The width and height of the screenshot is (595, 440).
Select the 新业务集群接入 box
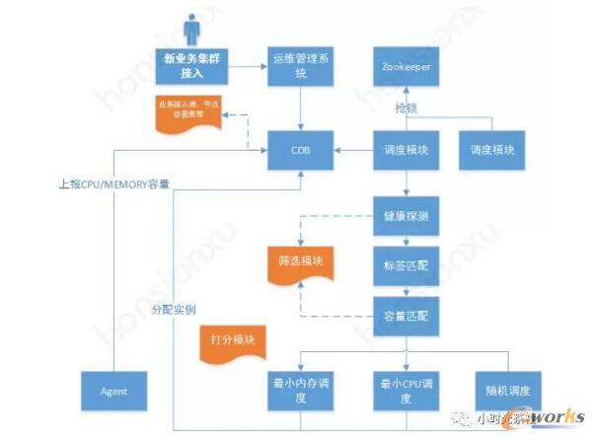click(x=192, y=66)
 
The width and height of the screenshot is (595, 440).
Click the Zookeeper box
click(x=405, y=66)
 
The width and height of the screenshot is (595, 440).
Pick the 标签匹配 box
click(x=405, y=264)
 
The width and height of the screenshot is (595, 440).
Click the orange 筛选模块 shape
click(x=301, y=261)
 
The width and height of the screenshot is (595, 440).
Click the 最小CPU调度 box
click(x=405, y=390)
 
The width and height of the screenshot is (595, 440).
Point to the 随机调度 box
click(x=506, y=390)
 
